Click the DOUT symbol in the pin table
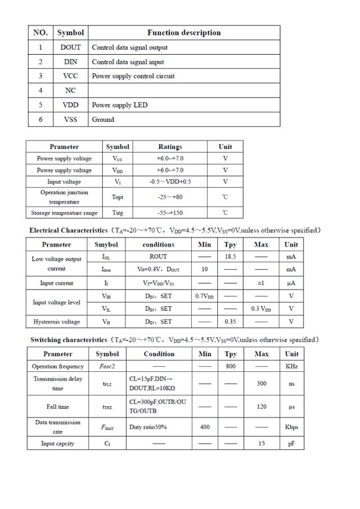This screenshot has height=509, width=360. point(71,47)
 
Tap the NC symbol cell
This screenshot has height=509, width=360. point(71,90)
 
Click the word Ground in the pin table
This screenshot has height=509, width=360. point(103,120)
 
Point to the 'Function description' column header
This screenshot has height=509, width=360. point(184,33)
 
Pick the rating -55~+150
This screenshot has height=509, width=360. point(170,213)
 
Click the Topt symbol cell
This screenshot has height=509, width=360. point(117,197)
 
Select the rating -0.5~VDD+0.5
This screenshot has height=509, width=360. point(170,182)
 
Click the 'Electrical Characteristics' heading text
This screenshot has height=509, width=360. point(68,230)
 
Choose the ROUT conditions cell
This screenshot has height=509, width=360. point(158,257)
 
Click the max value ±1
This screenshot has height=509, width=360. point(261,283)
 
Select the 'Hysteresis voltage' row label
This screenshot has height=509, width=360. point(56,322)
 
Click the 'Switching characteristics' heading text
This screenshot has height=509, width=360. point(68,340)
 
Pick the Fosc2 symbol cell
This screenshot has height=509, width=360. point(107,366)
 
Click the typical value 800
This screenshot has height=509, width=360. point(231,366)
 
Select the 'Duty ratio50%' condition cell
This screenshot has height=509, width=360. point(148,427)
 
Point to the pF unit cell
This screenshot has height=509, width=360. point(291,444)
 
